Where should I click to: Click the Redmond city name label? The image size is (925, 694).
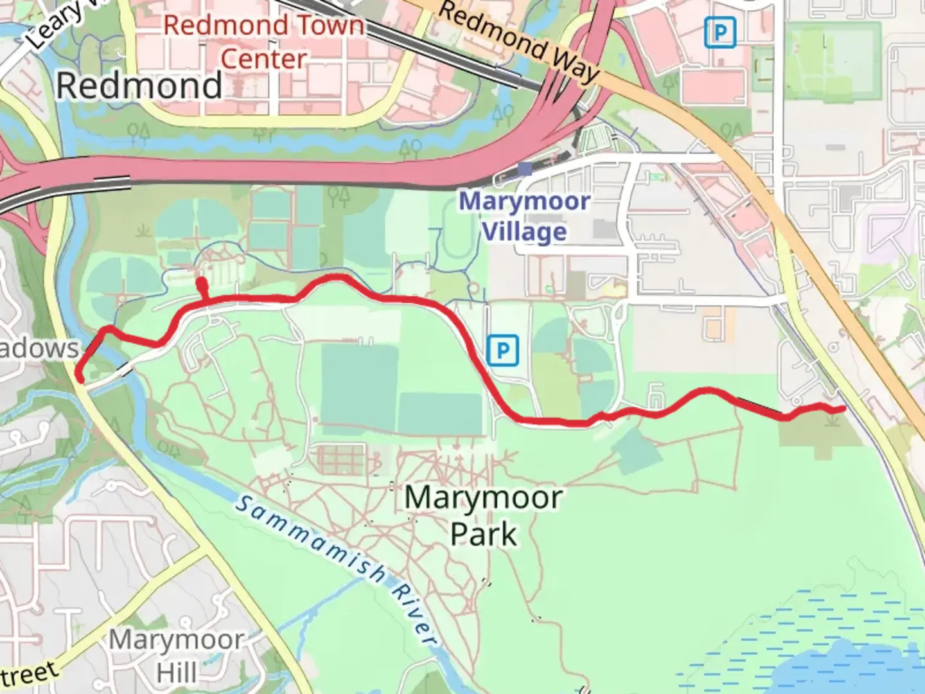(x=139, y=86)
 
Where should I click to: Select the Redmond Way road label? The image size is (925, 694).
(x=519, y=41)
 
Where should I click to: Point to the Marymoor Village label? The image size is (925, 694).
(x=524, y=217)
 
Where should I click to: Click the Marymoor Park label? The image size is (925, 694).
(x=483, y=515)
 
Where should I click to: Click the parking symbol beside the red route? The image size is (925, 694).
(x=502, y=351)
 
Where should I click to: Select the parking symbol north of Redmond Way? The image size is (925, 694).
(x=719, y=32)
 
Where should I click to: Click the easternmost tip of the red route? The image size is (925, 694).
(x=843, y=409)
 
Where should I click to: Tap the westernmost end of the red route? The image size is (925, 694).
(x=80, y=378)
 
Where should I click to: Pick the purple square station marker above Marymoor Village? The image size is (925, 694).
(x=525, y=169)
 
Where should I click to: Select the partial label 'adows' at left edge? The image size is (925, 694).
(x=39, y=348)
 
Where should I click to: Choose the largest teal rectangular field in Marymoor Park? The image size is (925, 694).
(x=359, y=384)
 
